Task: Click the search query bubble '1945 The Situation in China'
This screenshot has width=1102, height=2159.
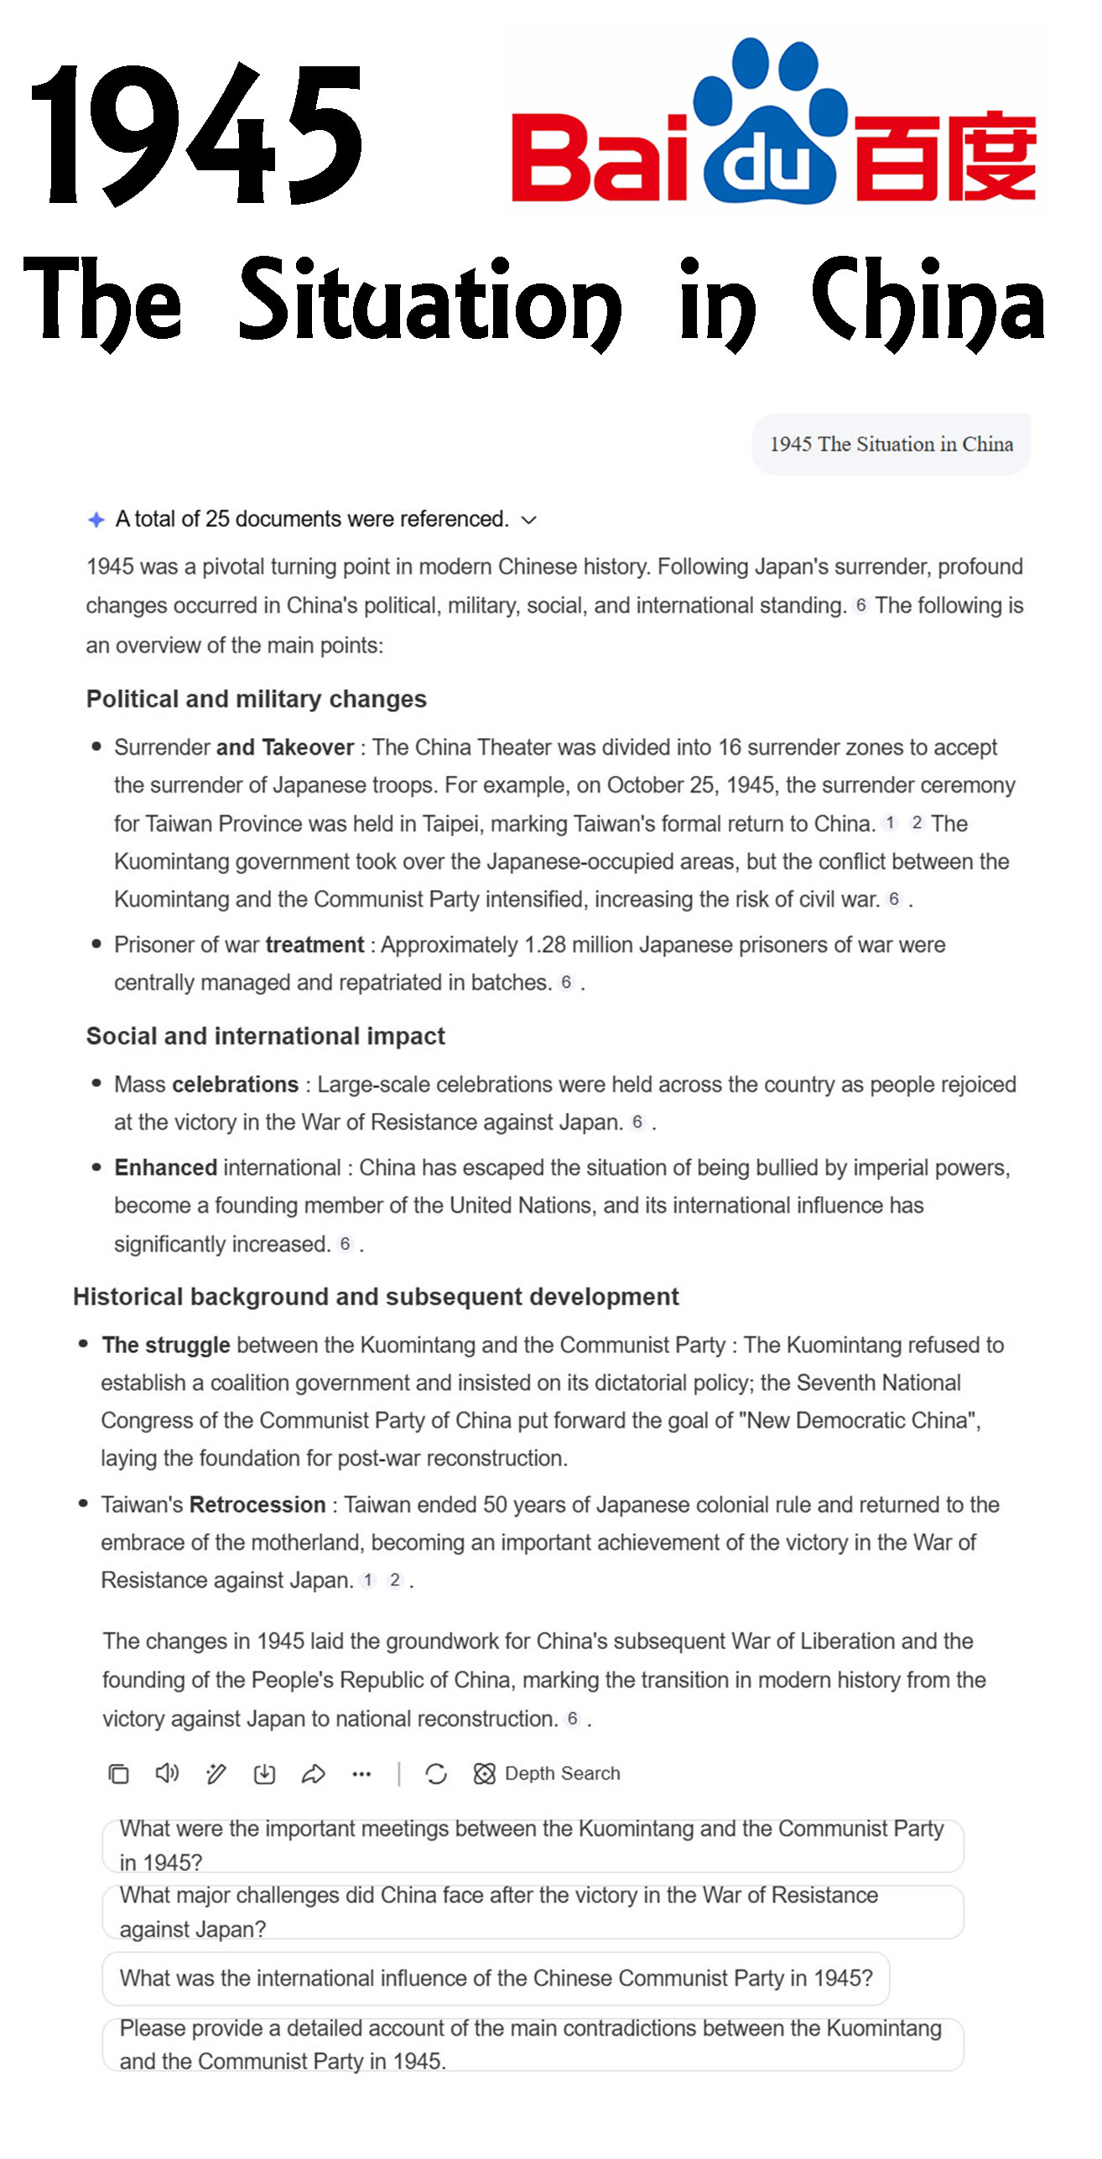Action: [891, 444]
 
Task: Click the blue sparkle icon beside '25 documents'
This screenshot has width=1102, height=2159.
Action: [96, 520]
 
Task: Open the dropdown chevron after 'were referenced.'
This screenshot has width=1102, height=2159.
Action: [528, 520]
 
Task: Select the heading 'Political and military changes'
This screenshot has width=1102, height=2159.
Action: [256, 699]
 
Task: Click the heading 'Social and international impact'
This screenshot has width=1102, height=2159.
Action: [265, 1036]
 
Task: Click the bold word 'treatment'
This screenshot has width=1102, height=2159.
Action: [314, 944]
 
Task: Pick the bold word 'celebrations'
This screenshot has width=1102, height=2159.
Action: [235, 1085]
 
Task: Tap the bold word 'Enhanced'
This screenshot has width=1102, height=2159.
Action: [166, 1168]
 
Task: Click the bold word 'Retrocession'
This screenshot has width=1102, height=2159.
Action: [257, 1505]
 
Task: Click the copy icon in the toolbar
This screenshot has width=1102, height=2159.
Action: [118, 1773]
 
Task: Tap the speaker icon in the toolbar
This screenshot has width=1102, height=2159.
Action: [167, 1773]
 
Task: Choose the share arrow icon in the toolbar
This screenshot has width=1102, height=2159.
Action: [313, 1773]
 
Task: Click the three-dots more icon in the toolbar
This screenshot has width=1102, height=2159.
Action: [361, 1773]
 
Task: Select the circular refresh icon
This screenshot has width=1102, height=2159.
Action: [436, 1773]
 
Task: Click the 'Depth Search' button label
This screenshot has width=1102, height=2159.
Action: [562, 1773]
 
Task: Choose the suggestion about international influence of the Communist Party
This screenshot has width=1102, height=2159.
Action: [495, 1978]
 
